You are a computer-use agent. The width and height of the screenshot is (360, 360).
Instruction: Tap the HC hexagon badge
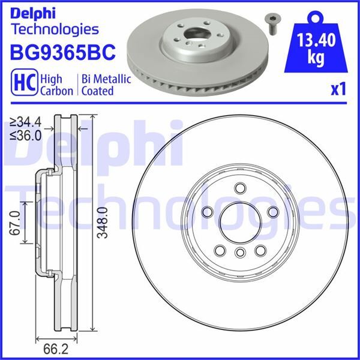click(x=22, y=85)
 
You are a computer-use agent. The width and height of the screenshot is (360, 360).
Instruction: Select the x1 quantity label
click(x=339, y=89)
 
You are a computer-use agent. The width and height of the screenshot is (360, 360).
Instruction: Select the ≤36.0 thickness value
click(x=26, y=136)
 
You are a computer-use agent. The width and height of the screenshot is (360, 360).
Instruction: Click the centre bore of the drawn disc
click(x=239, y=223)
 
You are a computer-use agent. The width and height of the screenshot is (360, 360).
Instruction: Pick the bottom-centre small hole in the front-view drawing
click(x=239, y=252)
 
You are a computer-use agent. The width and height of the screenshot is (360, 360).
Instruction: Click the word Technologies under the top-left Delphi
click(x=55, y=28)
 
